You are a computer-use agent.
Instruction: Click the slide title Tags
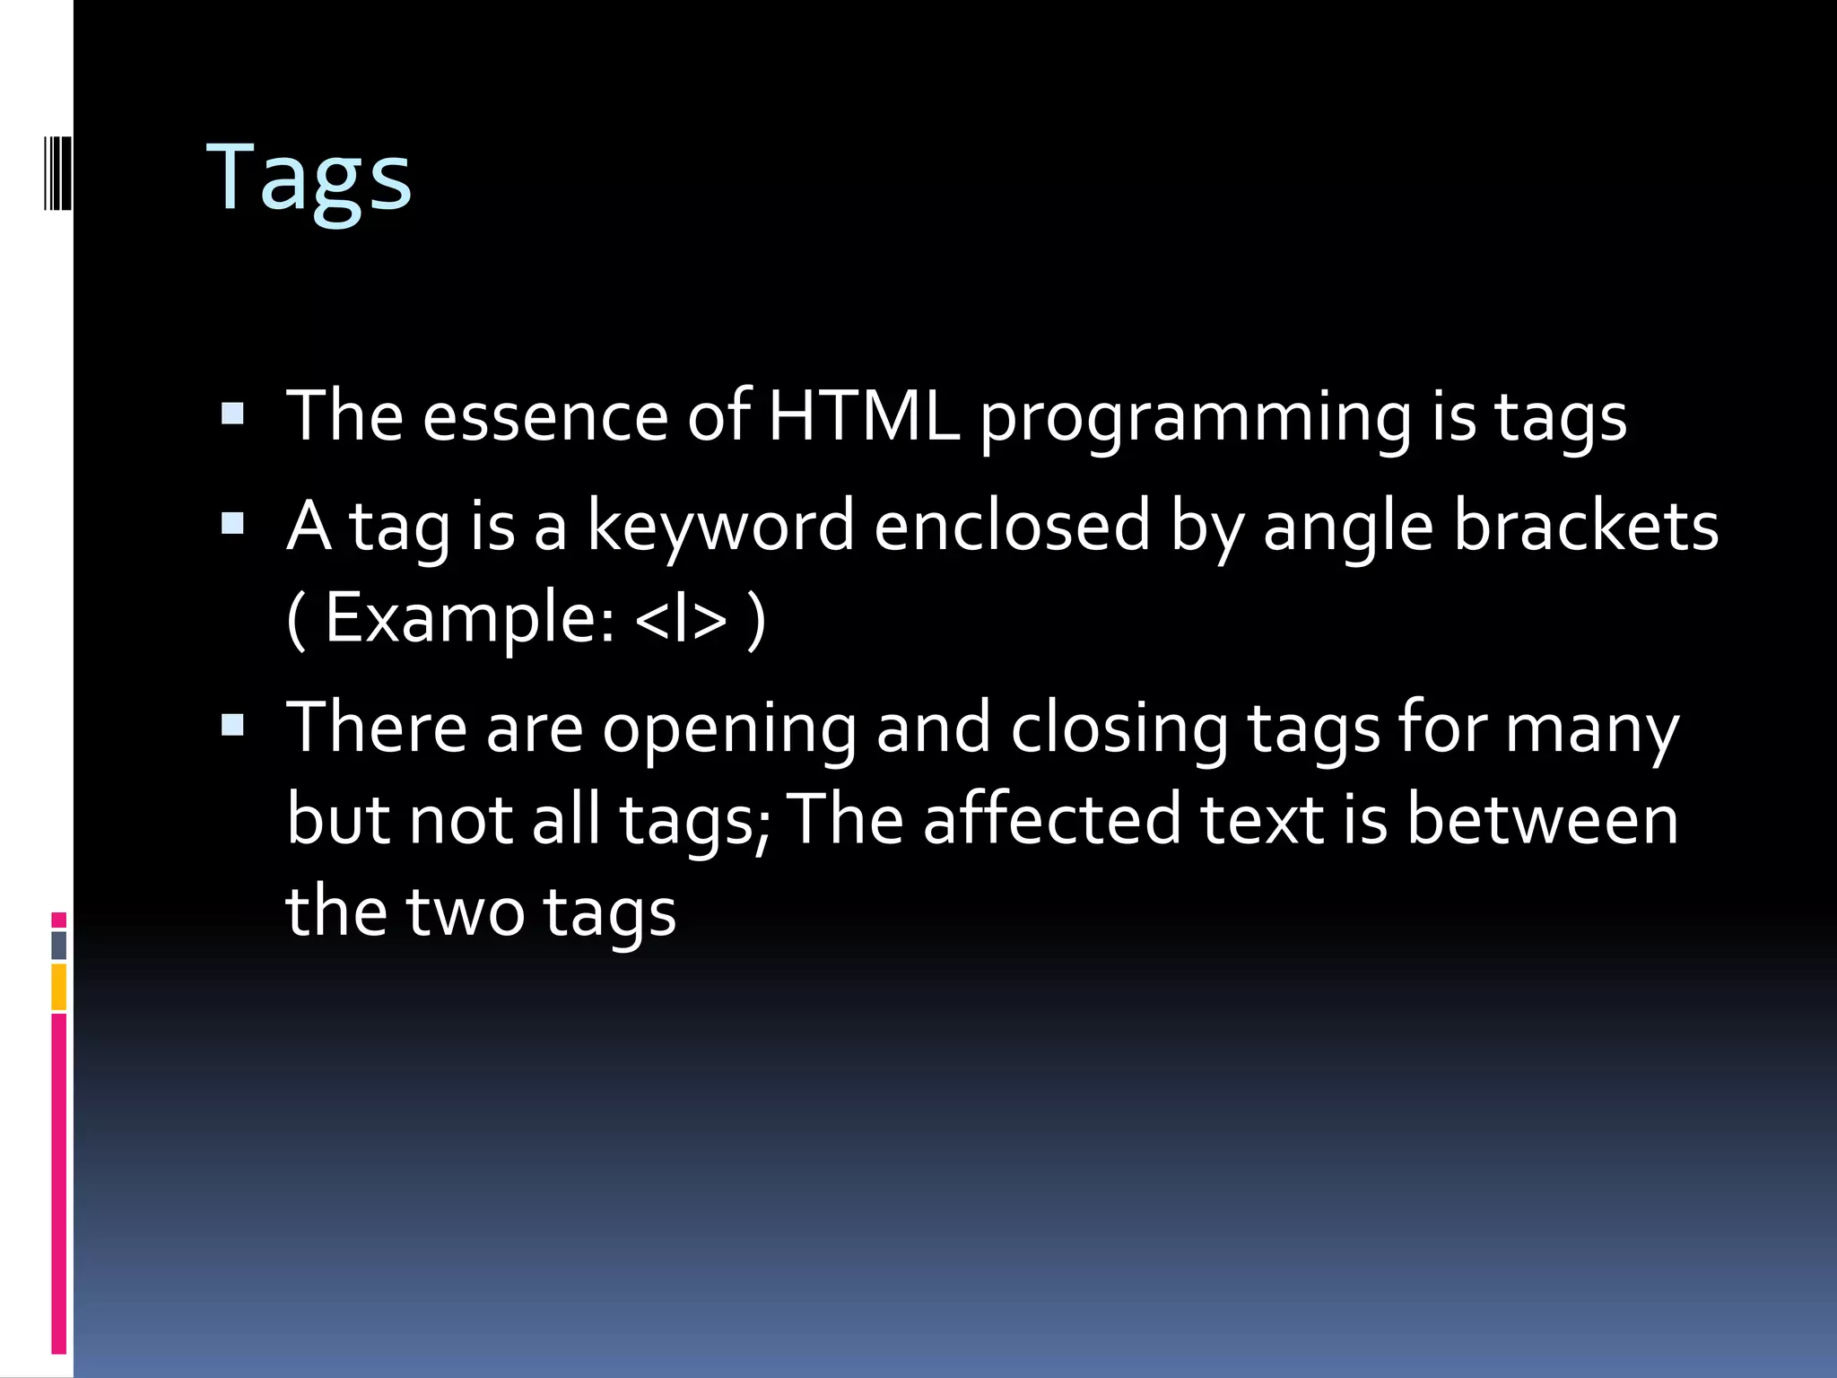point(309,179)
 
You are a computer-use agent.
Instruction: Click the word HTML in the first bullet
point(863,416)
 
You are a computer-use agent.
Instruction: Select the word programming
point(1197,420)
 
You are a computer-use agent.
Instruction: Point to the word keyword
point(720,528)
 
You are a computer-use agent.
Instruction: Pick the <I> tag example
point(681,619)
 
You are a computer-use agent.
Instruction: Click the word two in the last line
point(466,911)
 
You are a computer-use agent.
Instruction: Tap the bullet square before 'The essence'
point(232,414)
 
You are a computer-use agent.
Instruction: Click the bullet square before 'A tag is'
point(232,523)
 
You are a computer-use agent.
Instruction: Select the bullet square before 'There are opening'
point(232,725)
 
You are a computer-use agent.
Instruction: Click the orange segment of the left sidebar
point(59,986)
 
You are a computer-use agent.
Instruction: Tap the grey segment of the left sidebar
point(59,945)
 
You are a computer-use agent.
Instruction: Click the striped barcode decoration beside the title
point(57,171)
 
